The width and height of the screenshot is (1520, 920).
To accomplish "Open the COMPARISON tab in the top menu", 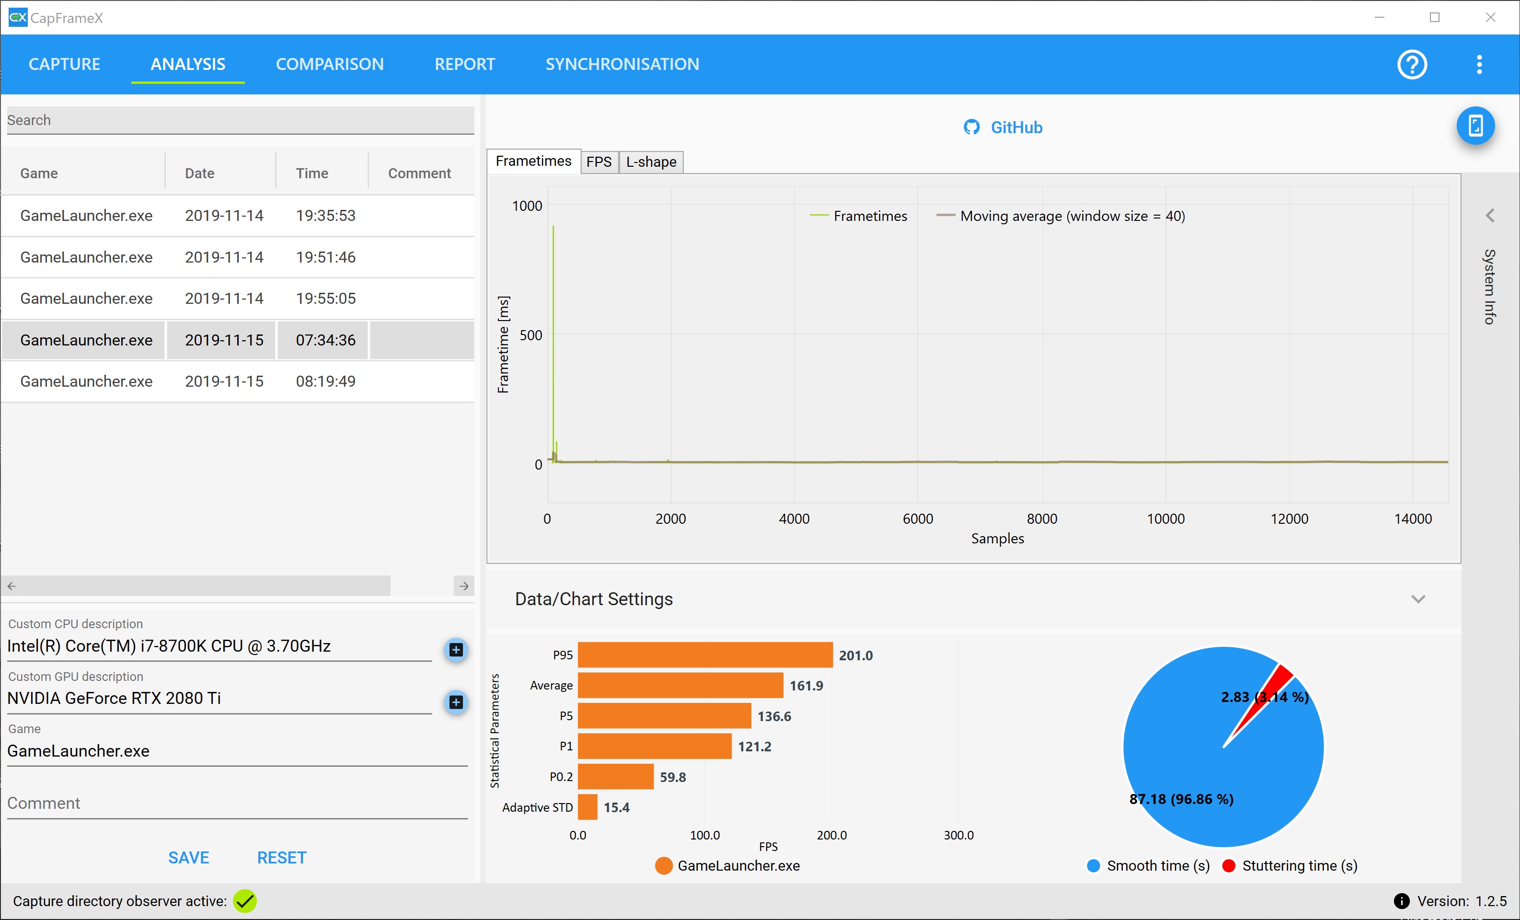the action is [329, 64].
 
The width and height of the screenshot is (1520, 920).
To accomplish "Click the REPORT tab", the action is [464, 64].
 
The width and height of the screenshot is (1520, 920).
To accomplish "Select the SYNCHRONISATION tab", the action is [622, 64].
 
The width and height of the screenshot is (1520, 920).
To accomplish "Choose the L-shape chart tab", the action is [651, 161].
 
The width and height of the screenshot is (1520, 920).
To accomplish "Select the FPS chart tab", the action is [599, 161].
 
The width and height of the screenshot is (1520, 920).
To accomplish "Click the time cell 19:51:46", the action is [326, 257].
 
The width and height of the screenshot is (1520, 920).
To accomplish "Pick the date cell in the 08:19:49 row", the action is [224, 381].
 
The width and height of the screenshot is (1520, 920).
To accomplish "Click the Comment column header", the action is [419, 173].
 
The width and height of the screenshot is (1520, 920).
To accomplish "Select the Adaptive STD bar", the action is [587, 807].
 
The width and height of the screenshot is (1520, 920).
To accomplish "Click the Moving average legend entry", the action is [1060, 216].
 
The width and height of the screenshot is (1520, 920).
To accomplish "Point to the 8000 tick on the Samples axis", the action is [1042, 519].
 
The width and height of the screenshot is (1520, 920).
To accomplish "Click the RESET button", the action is [281, 858].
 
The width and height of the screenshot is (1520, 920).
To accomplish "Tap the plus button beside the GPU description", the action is [456, 702].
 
